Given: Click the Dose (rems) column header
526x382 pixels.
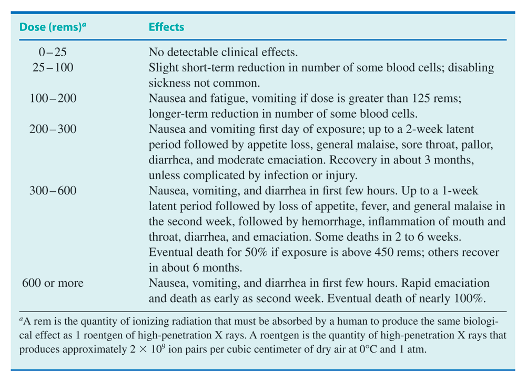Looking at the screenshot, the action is pyautogui.click(x=53, y=27).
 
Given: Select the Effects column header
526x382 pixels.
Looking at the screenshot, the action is pyautogui.click(x=166, y=27).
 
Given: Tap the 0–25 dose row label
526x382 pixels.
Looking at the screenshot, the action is pyautogui.click(x=53, y=52).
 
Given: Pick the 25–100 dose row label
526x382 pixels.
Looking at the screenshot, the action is pyautogui.click(x=53, y=67).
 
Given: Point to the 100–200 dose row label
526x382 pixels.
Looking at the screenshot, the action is pyautogui.click(x=53, y=98).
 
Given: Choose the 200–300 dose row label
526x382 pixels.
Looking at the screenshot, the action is pyautogui.click(x=53, y=129).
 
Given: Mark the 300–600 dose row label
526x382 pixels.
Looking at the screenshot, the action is pyautogui.click(x=53, y=191).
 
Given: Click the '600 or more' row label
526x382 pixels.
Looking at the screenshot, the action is pyautogui.click(x=53, y=283).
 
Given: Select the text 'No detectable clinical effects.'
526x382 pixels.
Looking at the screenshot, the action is pyautogui.click(x=223, y=52).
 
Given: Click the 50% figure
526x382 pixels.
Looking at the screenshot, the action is pyautogui.click(x=256, y=252).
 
